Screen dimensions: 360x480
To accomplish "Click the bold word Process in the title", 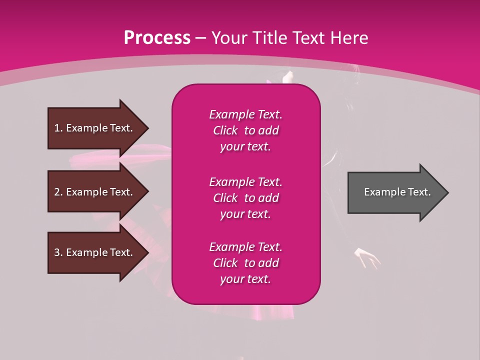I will click(157, 38).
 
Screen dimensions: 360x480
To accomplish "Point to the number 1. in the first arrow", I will click(58, 128).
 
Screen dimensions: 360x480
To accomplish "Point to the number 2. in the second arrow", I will click(58, 192).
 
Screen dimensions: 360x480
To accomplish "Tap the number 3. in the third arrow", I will click(58, 252).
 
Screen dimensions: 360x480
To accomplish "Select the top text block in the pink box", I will click(245, 130).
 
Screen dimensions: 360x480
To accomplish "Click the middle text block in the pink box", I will click(245, 198).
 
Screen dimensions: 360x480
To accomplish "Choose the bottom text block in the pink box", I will click(245, 263).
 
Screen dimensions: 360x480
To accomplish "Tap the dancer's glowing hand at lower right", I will click(368, 256).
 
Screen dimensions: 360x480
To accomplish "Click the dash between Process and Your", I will click(201, 38).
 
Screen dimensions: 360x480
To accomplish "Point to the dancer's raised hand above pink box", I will click(288, 77).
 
